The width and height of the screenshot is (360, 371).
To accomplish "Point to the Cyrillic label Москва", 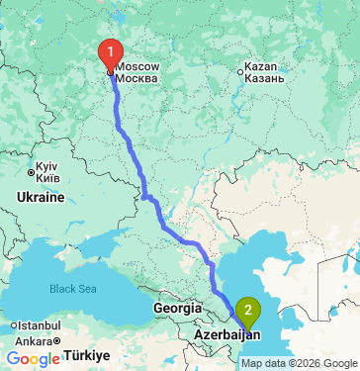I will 137,77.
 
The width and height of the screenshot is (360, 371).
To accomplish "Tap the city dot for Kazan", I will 240,70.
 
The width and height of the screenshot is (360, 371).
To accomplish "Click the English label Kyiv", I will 48,164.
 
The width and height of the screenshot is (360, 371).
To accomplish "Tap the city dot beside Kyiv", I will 31,173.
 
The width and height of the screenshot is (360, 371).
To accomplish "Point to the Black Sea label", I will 75,288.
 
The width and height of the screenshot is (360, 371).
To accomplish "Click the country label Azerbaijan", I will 221,336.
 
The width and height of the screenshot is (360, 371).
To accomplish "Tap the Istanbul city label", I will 34,325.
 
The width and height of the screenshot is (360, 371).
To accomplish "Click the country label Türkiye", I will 91,355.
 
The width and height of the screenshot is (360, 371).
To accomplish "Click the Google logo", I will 33,359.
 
